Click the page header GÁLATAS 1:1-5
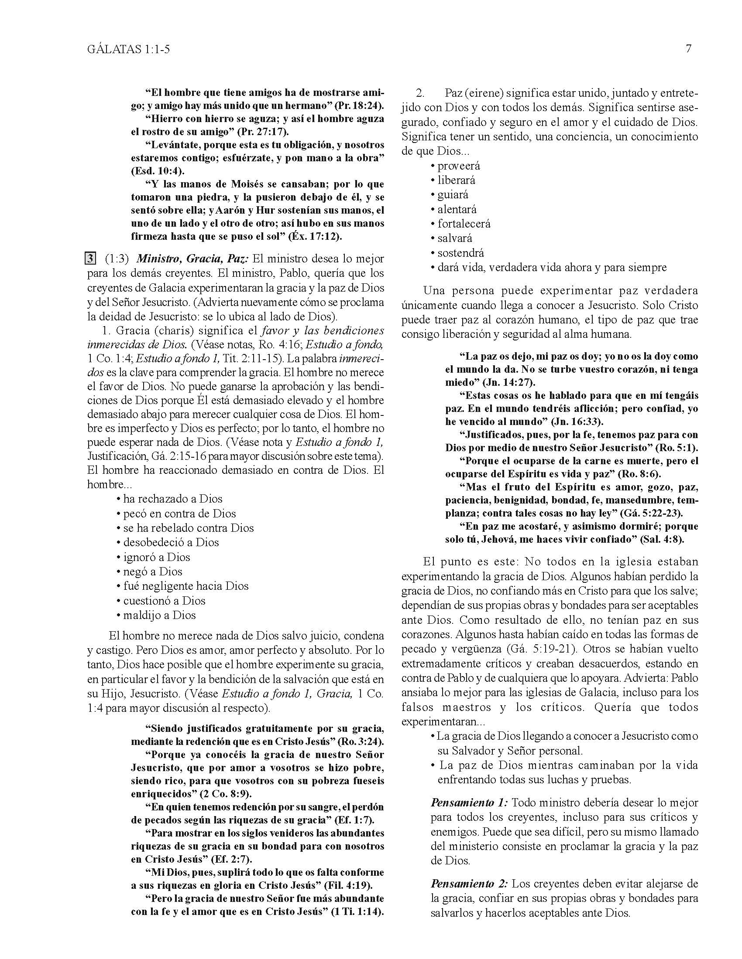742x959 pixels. (128, 49)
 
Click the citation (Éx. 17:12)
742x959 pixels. (315, 236)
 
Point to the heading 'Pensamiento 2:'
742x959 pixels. (470, 883)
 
